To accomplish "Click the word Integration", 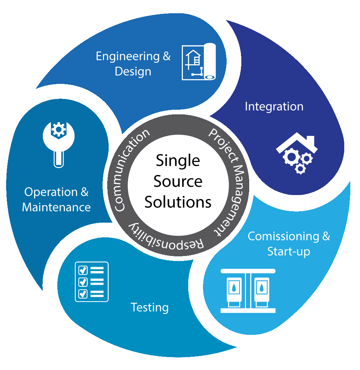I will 274,106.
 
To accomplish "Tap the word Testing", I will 150,307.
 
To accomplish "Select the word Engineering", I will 127,56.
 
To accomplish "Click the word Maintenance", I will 56,207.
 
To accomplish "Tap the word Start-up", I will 289,251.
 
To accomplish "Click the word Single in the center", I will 178,160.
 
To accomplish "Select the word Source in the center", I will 178,181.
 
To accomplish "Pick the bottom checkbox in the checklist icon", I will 82,293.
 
